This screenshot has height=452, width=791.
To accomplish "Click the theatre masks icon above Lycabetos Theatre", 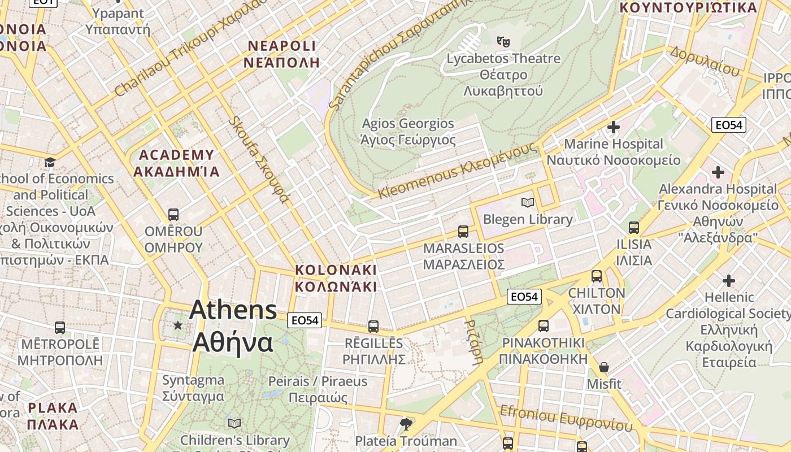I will pos(503,41).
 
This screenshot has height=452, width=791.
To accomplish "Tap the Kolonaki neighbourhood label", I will pos(336,278).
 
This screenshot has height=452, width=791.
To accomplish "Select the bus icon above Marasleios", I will pos(463,231).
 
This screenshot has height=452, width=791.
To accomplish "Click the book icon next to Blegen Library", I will pos(528,202).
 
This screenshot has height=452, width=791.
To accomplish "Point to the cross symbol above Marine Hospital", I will pos(614,127).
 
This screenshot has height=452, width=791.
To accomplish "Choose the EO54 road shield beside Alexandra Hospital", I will pos(728,125).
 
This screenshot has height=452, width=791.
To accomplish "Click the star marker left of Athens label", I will pos(178,325).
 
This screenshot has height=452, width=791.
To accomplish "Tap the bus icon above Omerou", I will pos(173,215).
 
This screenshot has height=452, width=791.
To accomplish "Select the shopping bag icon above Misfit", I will pos(604,367).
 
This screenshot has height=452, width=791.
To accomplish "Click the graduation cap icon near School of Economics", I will pos(50,163).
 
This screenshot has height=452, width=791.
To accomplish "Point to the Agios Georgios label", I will pos(408,131).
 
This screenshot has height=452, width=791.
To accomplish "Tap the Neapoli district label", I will pos(281,54).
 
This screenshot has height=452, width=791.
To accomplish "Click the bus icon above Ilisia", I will pos(634,228).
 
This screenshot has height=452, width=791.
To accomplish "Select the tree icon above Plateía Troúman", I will pos(406,424).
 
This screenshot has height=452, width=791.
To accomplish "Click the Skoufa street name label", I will pos(259,160).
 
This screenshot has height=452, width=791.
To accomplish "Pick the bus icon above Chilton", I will pos(597,276).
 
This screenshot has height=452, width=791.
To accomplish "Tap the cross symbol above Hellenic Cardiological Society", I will pos(729,280).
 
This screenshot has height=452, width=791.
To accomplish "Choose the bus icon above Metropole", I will pos(60,327).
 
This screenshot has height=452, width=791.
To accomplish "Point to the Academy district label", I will pos(176,163).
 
